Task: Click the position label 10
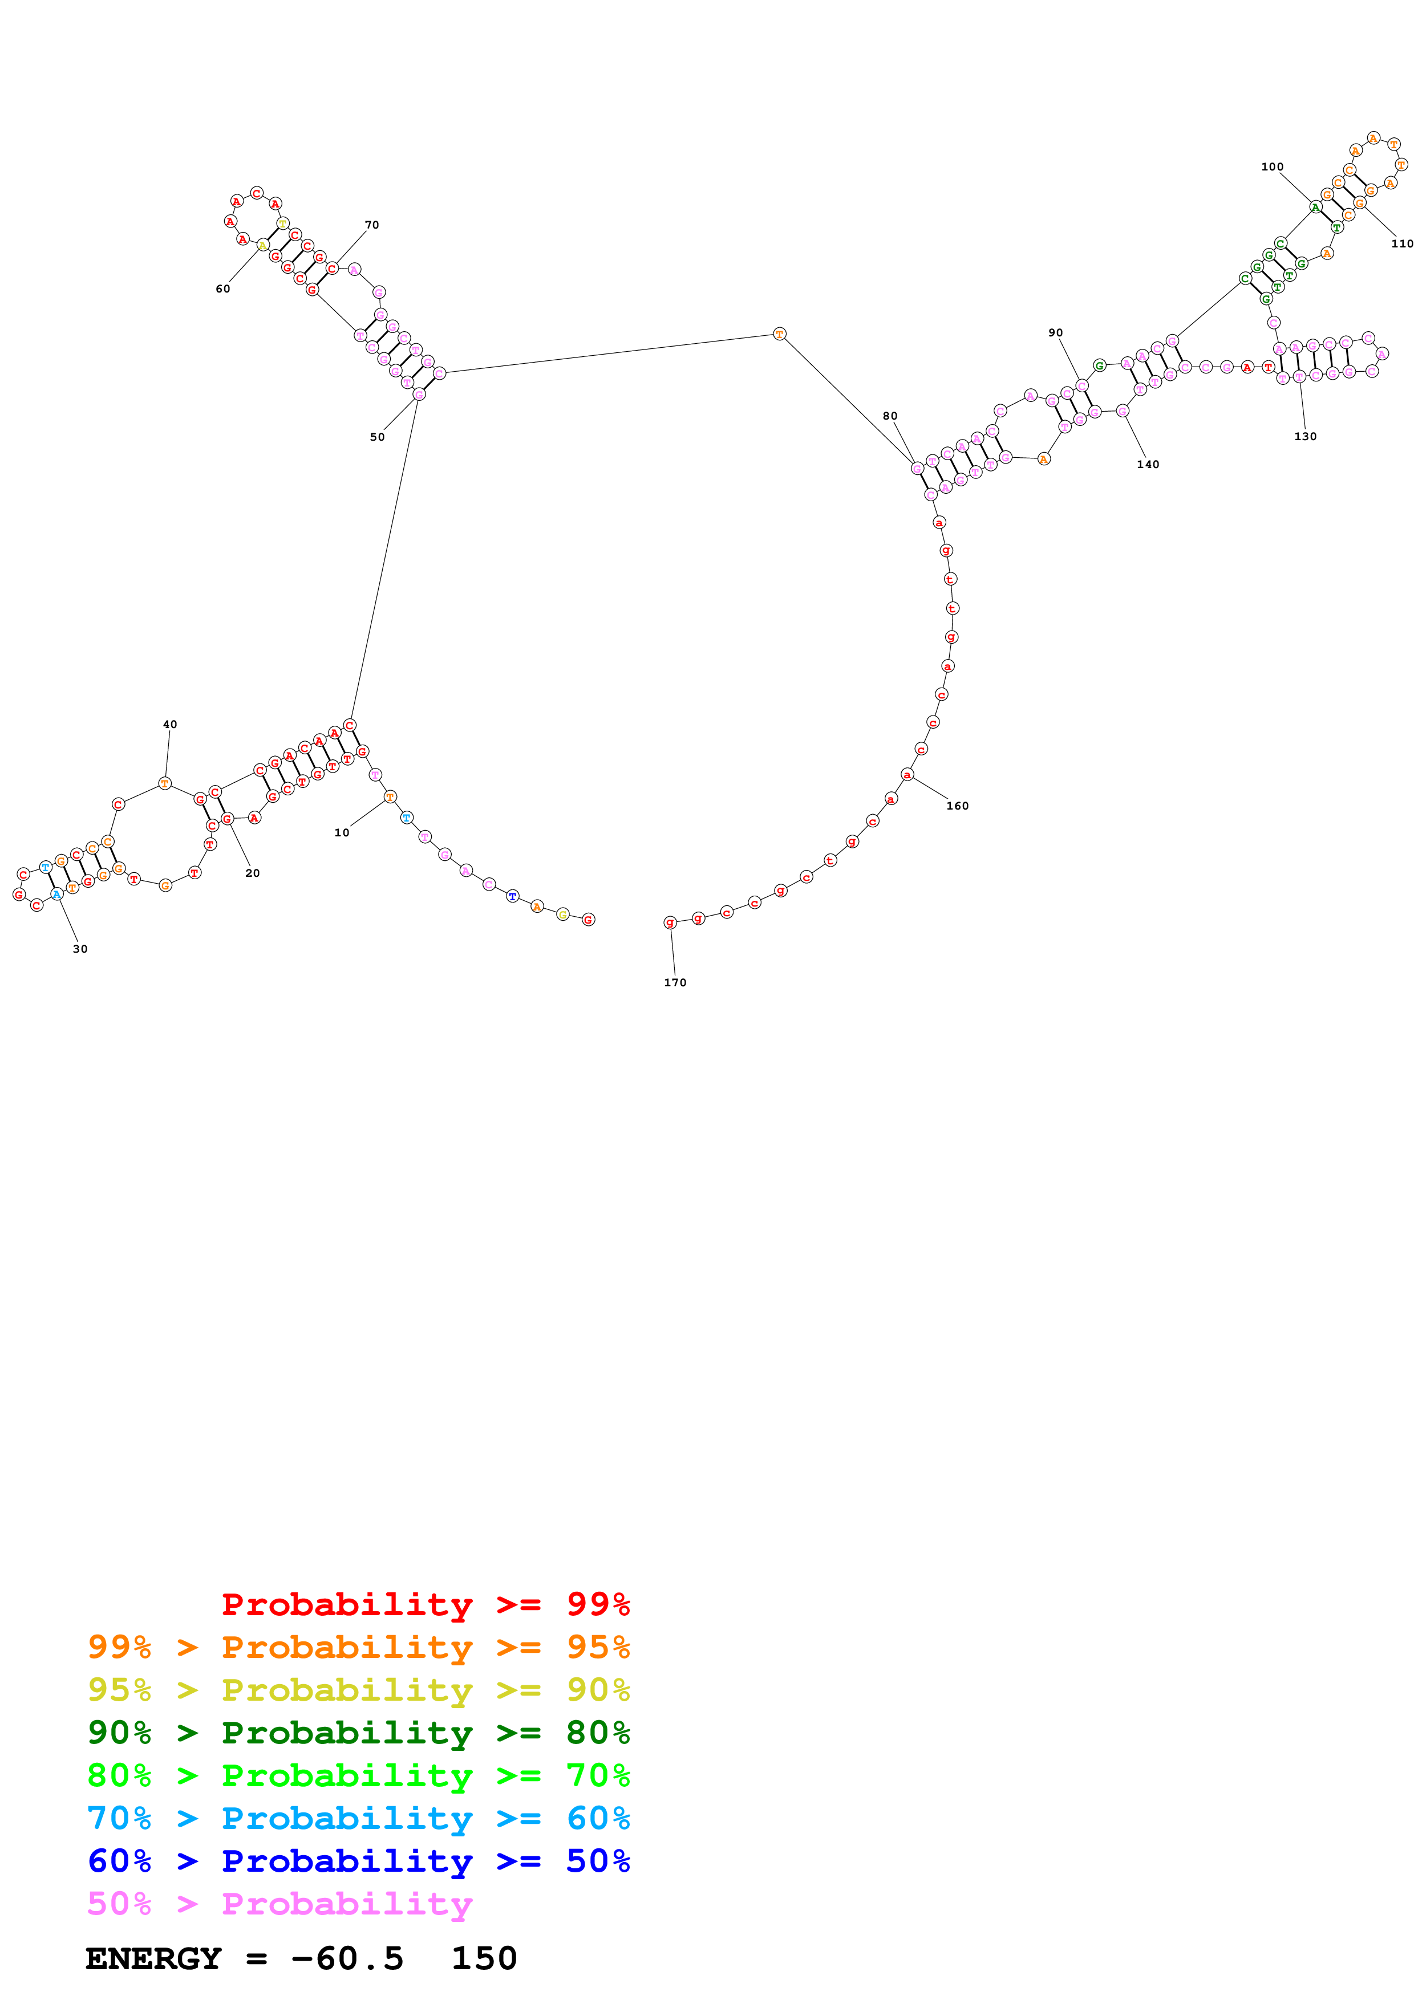point(342,833)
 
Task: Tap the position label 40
point(170,724)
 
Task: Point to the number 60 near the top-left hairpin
point(223,289)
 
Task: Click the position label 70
point(372,225)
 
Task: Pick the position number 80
point(889,416)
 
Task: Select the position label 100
point(1272,166)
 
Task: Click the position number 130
point(1305,436)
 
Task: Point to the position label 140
point(1148,464)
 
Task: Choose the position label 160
point(958,806)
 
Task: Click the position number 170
point(675,982)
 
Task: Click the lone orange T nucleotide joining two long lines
point(780,334)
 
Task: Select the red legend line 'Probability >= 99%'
point(425,1604)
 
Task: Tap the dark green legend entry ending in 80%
point(358,1733)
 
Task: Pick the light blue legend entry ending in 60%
point(358,1819)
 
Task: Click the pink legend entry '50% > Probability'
point(279,1904)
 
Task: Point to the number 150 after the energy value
point(484,1959)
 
